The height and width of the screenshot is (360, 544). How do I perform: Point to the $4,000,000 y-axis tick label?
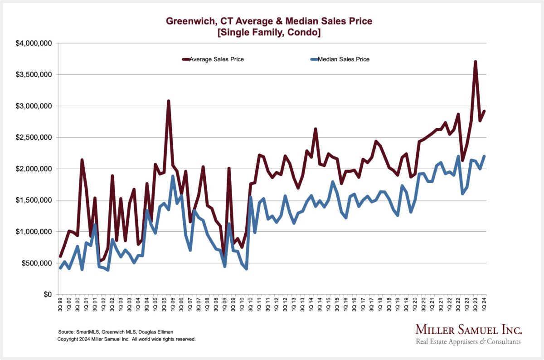pos(35,44)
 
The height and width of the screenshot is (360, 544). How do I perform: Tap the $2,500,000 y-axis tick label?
pos(35,137)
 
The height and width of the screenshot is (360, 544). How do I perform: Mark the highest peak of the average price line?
pos(475,62)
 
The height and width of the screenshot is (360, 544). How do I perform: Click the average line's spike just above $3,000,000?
pos(169,101)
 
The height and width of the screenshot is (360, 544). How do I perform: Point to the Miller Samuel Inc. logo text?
pos(469,329)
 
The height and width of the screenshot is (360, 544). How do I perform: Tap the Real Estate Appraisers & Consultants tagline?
pos(468,341)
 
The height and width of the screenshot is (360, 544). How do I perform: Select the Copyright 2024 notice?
pos(126,339)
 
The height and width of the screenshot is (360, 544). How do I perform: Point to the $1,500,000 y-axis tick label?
pos(35,200)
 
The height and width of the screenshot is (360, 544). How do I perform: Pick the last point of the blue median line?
pos(484,156)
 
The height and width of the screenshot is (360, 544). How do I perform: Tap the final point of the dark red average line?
pos(484,112)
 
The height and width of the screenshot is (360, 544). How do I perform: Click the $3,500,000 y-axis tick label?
pos(35,75)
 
